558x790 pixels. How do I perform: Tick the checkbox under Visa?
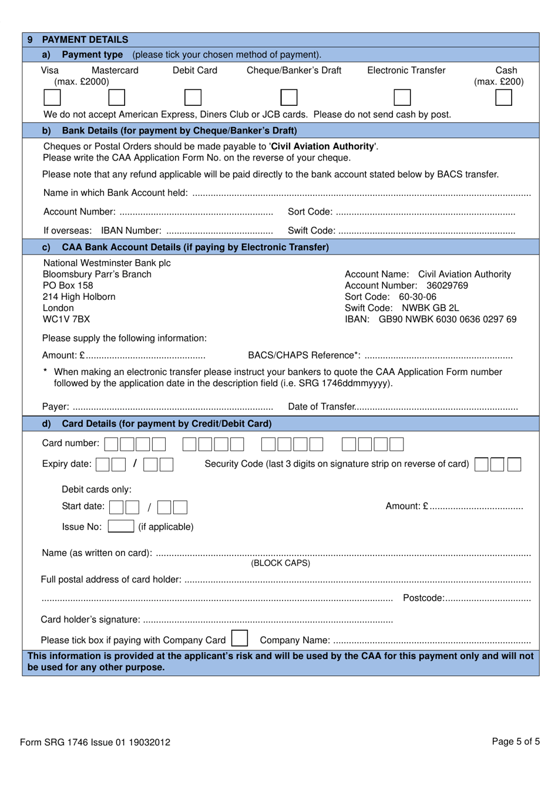(52, 98)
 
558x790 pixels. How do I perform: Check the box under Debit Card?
(193, 98)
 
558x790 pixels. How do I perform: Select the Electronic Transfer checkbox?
(402, 98)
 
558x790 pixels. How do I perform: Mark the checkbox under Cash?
(503, 98)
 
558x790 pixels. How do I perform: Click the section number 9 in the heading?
(30, 39)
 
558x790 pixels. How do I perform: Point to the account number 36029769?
(447, 286)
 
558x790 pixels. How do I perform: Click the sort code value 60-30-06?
(417, 297)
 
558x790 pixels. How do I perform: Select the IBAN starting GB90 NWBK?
(447, 319)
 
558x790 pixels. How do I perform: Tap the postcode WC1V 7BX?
(66, 319)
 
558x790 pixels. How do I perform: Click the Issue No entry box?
(121, 526)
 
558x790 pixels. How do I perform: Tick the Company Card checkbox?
(240, 638)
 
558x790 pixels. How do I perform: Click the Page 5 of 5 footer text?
(515, 741)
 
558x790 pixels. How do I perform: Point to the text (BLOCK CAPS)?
(281, 563)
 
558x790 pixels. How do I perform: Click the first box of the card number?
(112, 444)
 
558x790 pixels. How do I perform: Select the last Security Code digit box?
(514, 464)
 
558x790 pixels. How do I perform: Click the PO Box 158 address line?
(68, 286)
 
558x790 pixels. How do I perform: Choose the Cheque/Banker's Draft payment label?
(294, 71)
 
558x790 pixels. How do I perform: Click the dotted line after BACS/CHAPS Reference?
(438, 356)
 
